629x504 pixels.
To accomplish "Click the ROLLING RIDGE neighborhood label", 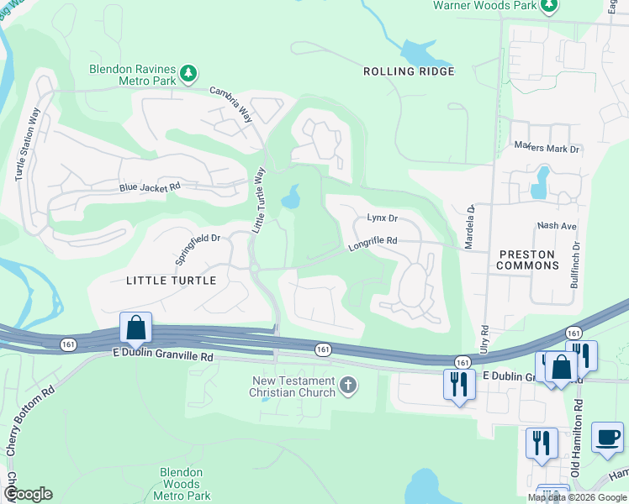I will click(x=409, y=71).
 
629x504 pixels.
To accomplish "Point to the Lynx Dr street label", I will click(x=382, y=218).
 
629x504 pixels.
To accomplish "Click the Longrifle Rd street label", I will click(x=373, y=243).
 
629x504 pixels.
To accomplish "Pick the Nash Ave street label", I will click(x=557, y=226).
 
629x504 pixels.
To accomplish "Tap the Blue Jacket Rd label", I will click(x=150, y=188).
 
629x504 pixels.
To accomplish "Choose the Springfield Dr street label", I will click(x=197, y=249).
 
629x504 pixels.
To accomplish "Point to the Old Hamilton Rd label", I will click(x=578, y=437).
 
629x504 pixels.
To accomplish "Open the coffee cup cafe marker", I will click(x=607, y=438).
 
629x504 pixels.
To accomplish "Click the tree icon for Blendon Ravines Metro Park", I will click(x=190, y=74).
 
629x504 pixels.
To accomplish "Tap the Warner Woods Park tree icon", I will click(x=550, y=6).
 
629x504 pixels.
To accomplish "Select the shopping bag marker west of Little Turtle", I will click(x=135, y=326).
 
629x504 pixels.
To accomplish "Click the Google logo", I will click(x=28, y=494).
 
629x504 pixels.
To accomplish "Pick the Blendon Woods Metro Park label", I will click(x=182, y=484).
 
